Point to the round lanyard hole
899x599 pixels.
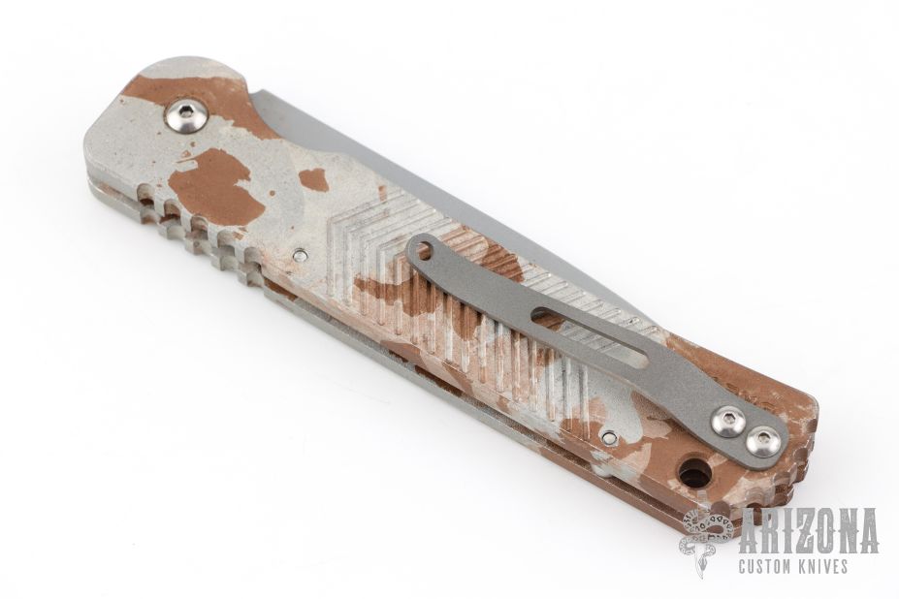[x=695, y=472]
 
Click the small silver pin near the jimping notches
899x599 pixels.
[x=298, y=256]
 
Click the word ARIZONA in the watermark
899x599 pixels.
[x=808, y=530]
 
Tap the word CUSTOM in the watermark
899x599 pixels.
[x=772, y=567]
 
